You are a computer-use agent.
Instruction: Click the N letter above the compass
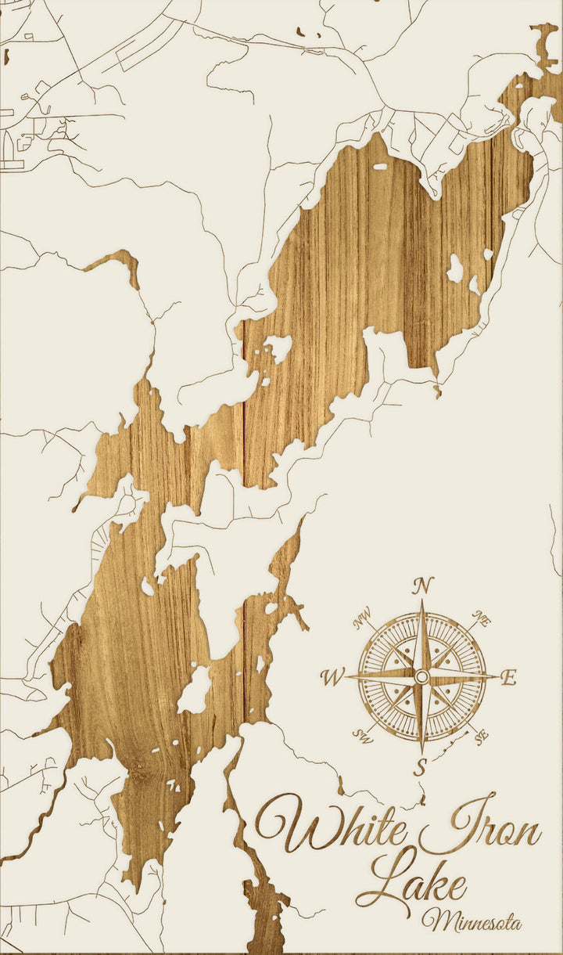point(422,586)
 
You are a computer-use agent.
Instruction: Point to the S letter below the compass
point(421,767)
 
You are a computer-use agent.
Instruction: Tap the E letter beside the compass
point(508,678)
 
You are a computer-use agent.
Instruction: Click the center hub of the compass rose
point(421,676)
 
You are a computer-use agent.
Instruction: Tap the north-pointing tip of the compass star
point(422,603)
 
